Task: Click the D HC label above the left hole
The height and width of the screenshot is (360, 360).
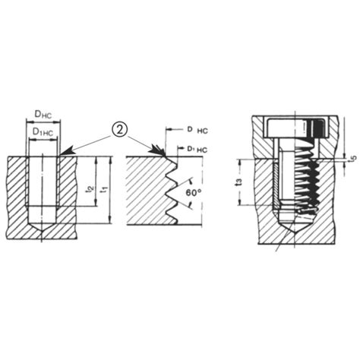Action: click(44, 115)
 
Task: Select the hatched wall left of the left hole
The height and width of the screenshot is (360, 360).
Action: click(15, 190)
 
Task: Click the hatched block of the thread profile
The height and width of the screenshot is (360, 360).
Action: click(144, 190)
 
